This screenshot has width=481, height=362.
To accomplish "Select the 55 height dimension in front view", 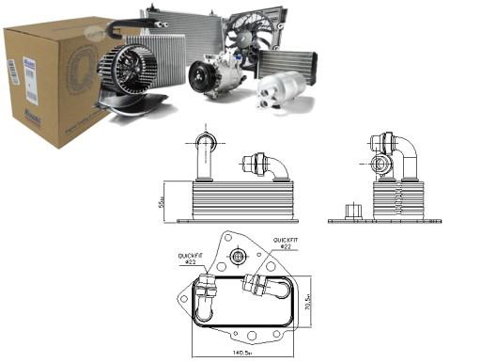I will point(161,202).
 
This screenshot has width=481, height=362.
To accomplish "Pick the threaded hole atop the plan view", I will point(238,255).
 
